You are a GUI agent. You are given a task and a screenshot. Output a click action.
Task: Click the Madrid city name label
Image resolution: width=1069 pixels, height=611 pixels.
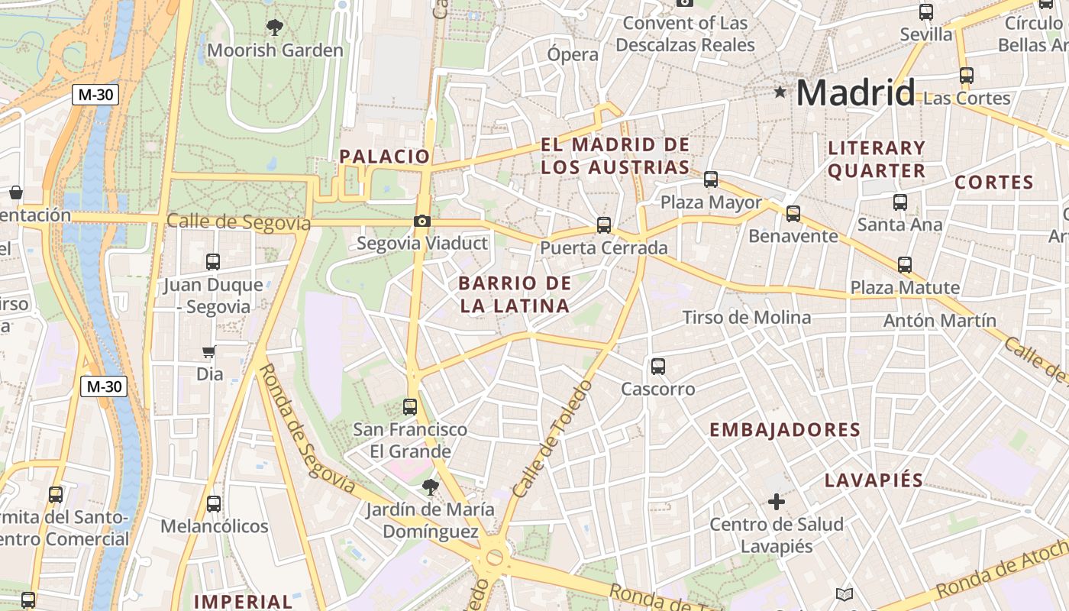click(x=855, y=93)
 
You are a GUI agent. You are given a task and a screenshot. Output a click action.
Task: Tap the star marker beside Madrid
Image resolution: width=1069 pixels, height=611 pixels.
click(x=780, y=92)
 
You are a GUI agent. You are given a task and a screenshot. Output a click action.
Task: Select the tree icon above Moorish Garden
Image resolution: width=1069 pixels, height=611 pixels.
click(x=275, y=28)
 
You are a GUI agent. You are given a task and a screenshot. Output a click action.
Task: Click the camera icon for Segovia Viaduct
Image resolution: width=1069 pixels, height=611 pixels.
click(x=421, y=221)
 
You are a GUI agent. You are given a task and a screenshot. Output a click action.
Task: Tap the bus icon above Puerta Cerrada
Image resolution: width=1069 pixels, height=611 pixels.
click(x=604, y=225)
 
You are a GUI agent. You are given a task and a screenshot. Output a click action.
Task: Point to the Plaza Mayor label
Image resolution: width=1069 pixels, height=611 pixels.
click(x=711, y=202)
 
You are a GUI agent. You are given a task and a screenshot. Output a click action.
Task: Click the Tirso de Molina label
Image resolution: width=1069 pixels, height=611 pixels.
click(x=746, y=317)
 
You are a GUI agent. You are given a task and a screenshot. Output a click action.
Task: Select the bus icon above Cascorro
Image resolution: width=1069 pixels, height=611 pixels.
click(x=658, y=367)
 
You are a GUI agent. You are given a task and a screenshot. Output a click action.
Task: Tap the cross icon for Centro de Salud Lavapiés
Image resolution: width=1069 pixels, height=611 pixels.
click(x=777, y=502)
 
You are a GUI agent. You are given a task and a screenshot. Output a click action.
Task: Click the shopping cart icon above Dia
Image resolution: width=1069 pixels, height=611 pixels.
click(x=209, y=352)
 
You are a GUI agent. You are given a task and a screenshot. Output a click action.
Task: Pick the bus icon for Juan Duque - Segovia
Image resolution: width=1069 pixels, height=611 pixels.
click(x=213, y=262)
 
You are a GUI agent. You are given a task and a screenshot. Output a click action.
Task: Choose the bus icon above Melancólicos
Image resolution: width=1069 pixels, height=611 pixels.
click(x=214, y=504)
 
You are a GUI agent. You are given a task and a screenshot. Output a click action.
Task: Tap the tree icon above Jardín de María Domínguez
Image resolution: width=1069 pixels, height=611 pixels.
click(x=431, y=487)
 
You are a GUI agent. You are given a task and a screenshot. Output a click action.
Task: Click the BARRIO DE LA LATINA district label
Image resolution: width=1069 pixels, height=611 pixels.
click(x=515, y=295)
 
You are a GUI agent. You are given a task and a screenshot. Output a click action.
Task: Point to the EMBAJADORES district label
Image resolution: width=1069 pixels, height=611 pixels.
click(x=785, y=430)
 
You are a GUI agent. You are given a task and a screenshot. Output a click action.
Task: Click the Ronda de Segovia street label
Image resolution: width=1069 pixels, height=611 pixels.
click(x=305, y=428)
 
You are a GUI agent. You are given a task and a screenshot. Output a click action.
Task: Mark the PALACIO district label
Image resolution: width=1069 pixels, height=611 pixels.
click(x=385, y=157)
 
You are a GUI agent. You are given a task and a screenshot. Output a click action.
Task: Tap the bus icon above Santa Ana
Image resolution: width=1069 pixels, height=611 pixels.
click(x=900, y=202)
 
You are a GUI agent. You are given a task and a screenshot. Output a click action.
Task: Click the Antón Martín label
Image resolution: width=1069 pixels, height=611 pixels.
click(x=939, y=321)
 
